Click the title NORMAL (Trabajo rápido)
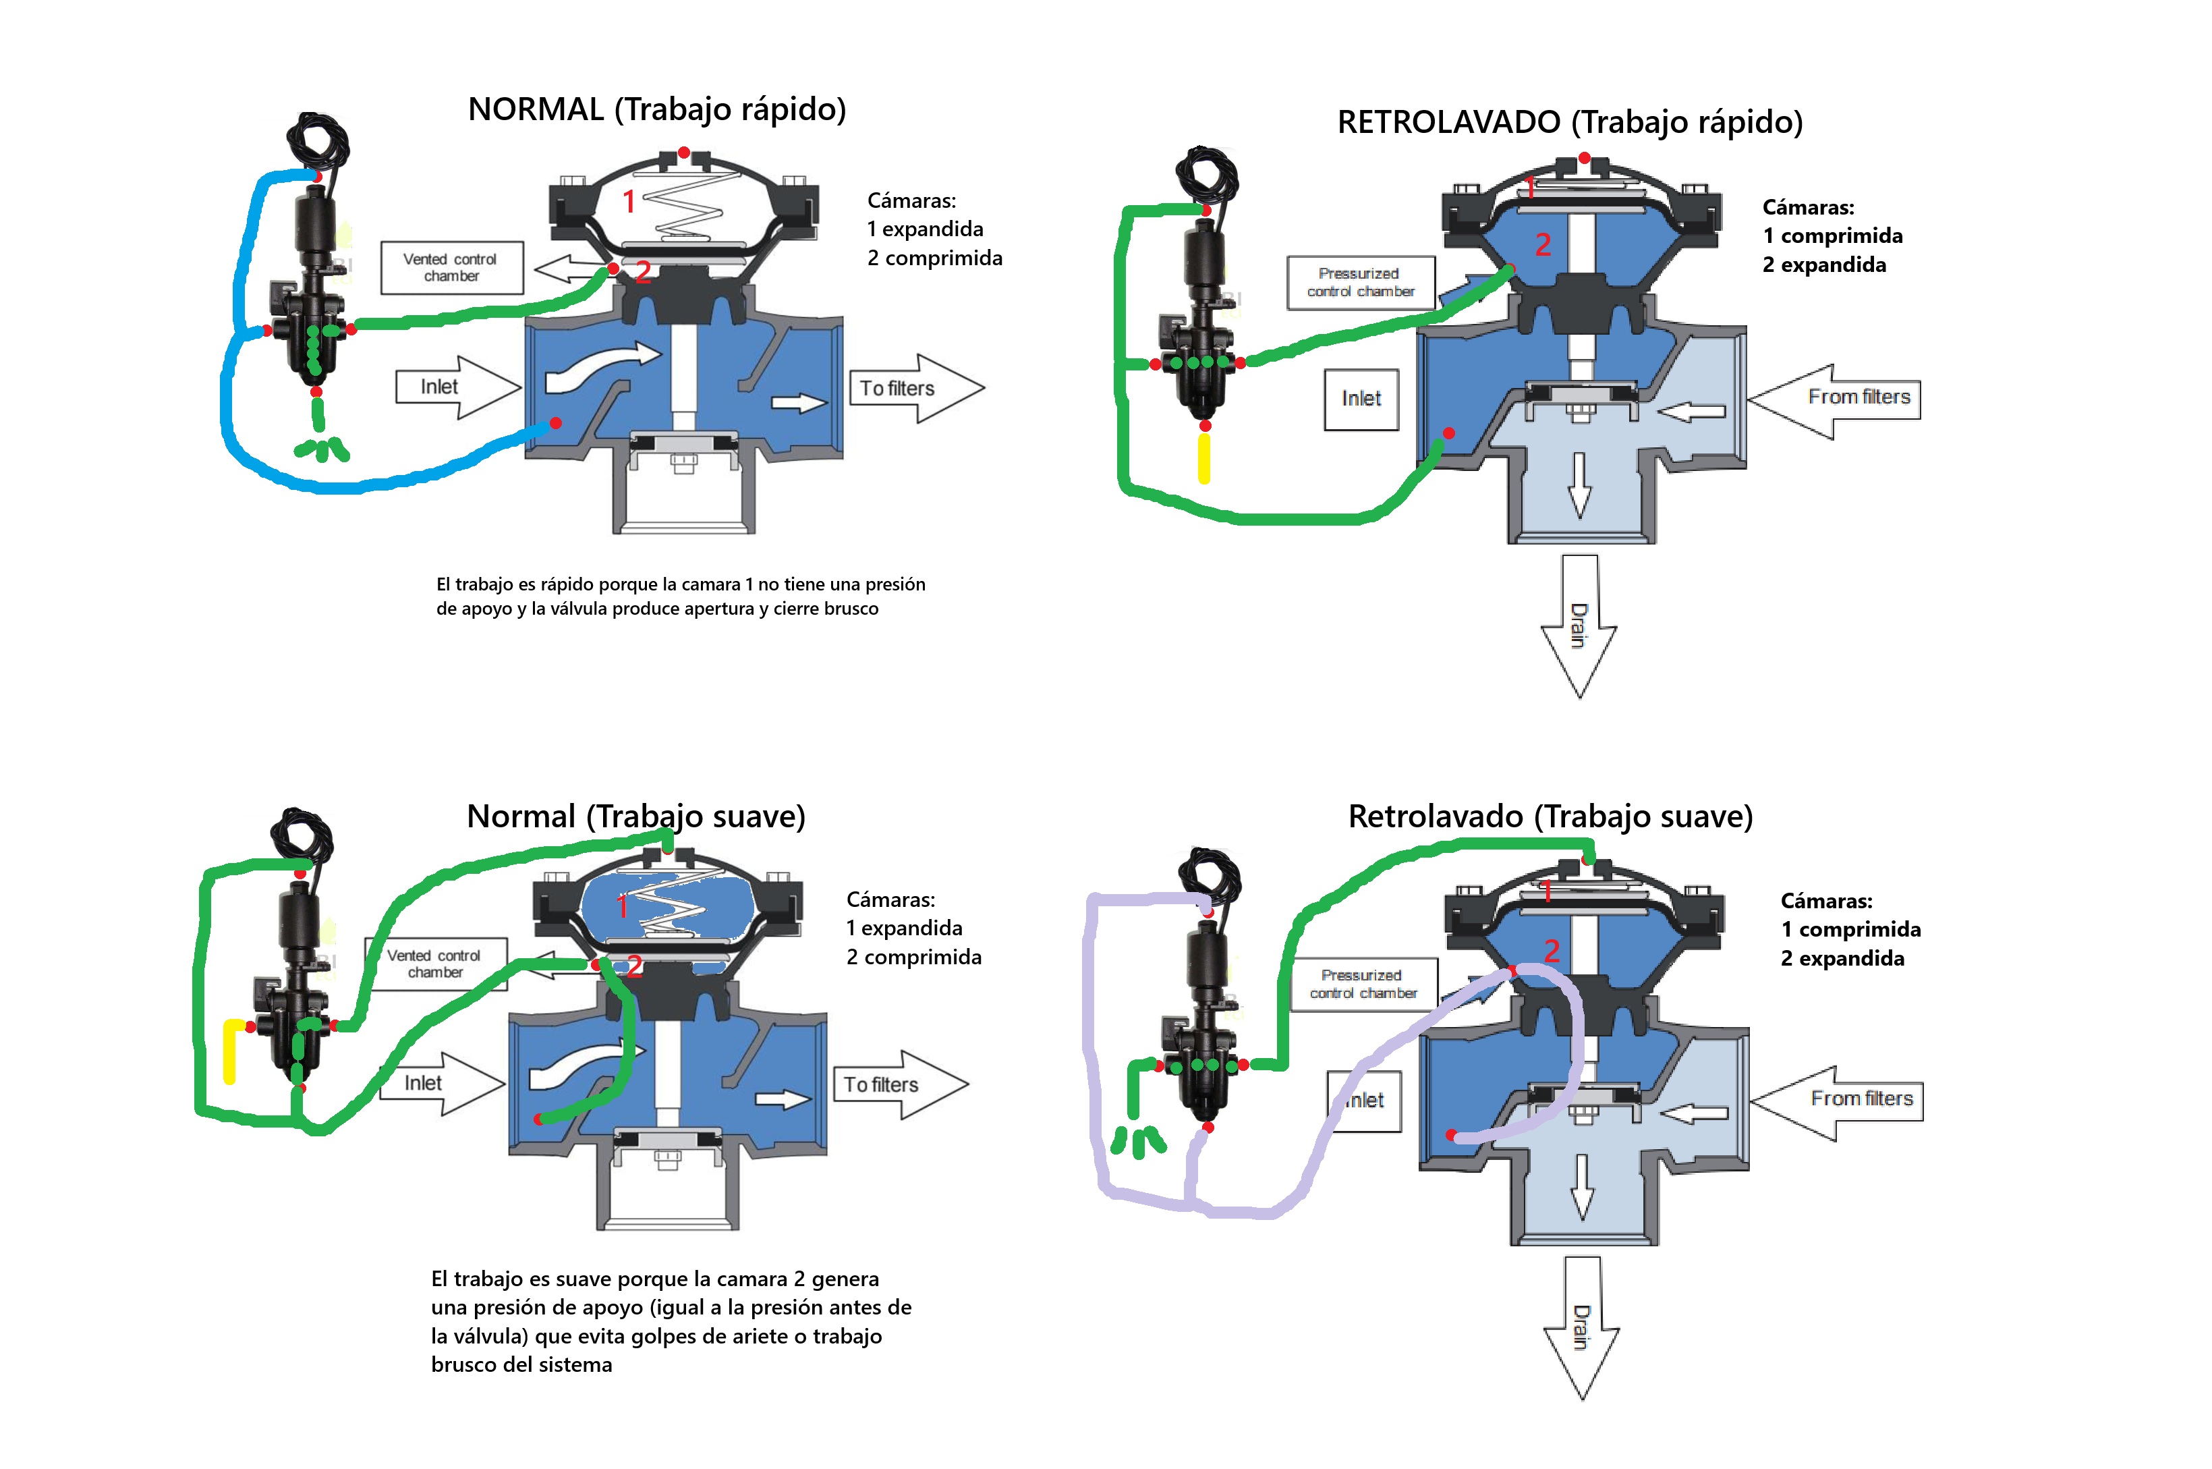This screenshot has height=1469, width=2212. point(656,109)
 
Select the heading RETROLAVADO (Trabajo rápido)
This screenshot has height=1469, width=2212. point(1570,121)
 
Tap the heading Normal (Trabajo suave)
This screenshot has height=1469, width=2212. point(636,816)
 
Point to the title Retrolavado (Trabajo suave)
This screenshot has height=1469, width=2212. point(1550,816)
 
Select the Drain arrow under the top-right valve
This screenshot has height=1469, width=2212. point(1579,626)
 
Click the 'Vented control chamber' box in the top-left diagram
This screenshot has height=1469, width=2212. point(451,268)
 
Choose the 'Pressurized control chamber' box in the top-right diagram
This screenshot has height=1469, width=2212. point(1360,282)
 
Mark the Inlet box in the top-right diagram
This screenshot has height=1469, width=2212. point(1361,399)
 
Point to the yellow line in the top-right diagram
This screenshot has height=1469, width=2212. point(1204,458)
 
